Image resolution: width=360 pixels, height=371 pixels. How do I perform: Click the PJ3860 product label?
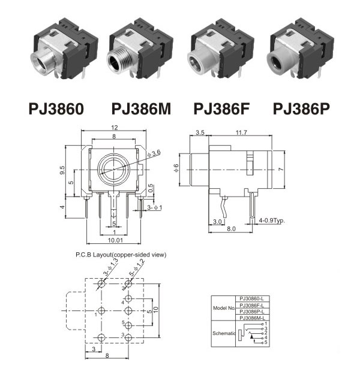coord(56,109)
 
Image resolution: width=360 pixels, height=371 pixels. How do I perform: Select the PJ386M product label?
coord(141,109)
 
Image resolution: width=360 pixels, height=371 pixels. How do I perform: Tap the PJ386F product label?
coord(221,109)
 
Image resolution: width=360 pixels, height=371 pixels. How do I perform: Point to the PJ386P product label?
coord(301,109)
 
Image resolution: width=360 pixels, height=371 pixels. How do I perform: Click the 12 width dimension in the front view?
coord(115,128)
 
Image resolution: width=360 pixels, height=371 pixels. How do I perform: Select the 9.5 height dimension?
coord(62,170)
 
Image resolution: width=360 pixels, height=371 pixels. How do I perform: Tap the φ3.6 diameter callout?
coord(154,153)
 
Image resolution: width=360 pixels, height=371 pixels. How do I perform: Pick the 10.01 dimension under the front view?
coord(115,240)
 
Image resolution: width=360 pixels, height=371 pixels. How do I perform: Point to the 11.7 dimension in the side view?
coord(241,132)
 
